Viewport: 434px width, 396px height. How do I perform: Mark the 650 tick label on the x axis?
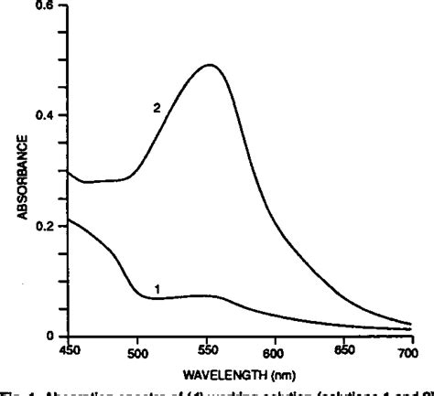(x=343, y=351)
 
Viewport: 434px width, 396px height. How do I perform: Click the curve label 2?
(x=157, y=108)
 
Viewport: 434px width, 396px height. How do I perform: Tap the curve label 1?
(x=157, y=289)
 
